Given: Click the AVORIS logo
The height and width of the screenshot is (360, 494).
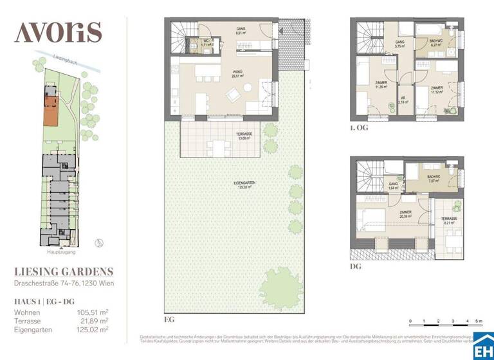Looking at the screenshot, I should coord(58,31).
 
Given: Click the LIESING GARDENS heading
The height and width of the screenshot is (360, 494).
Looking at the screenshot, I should coord(64,272).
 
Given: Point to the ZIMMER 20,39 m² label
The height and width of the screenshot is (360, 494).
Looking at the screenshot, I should coord(406,217).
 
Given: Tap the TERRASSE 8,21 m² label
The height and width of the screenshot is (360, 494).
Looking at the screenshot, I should coord(450,221).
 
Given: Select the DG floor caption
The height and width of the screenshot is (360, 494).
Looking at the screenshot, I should coord(356,265).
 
